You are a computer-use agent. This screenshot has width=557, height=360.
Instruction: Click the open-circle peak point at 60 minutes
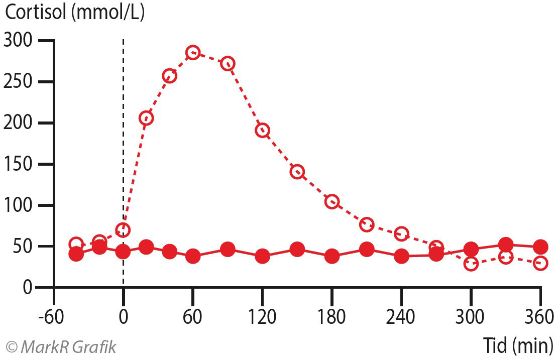193,53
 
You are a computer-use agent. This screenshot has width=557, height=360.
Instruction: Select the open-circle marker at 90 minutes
228,64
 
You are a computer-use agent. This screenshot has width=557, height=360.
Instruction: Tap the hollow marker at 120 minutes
262,131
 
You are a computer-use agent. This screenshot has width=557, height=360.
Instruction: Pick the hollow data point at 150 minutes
297,172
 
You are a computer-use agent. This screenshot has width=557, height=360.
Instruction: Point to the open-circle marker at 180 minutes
332,202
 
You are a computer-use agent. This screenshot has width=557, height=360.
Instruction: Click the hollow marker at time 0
123,230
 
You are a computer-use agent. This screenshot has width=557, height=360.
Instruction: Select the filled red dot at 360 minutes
540,247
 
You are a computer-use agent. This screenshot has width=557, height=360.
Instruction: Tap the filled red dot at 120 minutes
262,257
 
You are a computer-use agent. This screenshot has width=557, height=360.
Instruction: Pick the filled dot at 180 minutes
332,257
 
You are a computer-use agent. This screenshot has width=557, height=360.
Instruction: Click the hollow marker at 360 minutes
540,263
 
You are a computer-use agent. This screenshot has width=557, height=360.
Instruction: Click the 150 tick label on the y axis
18,164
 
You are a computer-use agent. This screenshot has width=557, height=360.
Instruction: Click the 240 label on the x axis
401,317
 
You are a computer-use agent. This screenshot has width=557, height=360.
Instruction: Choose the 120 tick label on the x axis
262,317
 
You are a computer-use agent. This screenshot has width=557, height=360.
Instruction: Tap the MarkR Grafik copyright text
61,346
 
